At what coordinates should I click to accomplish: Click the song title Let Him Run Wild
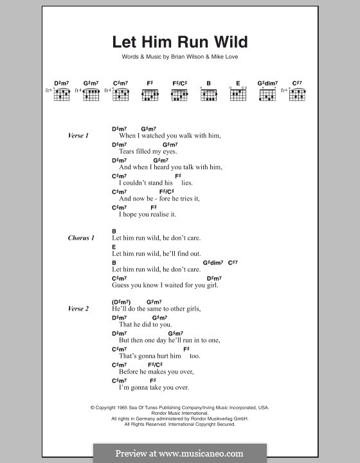[179, 43]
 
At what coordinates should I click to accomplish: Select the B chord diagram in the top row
[208, 94]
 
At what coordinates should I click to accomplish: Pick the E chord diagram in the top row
[238, 94]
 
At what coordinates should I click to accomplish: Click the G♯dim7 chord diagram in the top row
[267, 94]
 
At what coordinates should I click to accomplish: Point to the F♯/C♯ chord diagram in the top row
[179, 94]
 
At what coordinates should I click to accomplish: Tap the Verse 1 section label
[78, 136]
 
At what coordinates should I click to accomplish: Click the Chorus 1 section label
[81, 238]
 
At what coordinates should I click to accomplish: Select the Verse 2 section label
[78, 309]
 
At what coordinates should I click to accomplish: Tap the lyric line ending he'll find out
[156, 253]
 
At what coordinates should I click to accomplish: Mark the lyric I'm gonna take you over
[153, 387]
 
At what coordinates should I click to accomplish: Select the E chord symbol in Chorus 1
[114, 246]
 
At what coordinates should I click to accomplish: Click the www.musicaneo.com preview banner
[179, 453]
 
